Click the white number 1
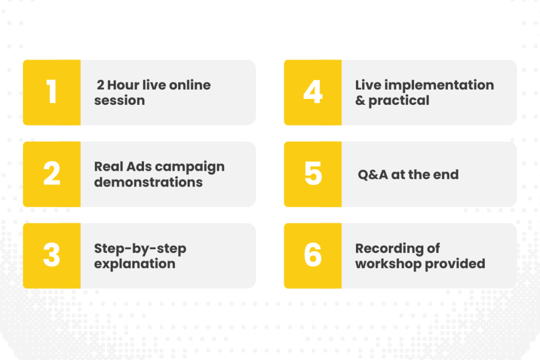(52, 92)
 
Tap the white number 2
(52, 173)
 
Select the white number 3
(52, 255)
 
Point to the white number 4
(313, 92)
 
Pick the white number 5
(313, 173)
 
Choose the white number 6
(313, 255)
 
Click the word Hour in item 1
(123, 85)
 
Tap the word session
(120, 101)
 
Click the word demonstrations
(148, 182)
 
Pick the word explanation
(134, 264)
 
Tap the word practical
(399, 101)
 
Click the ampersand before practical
(360, 101)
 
